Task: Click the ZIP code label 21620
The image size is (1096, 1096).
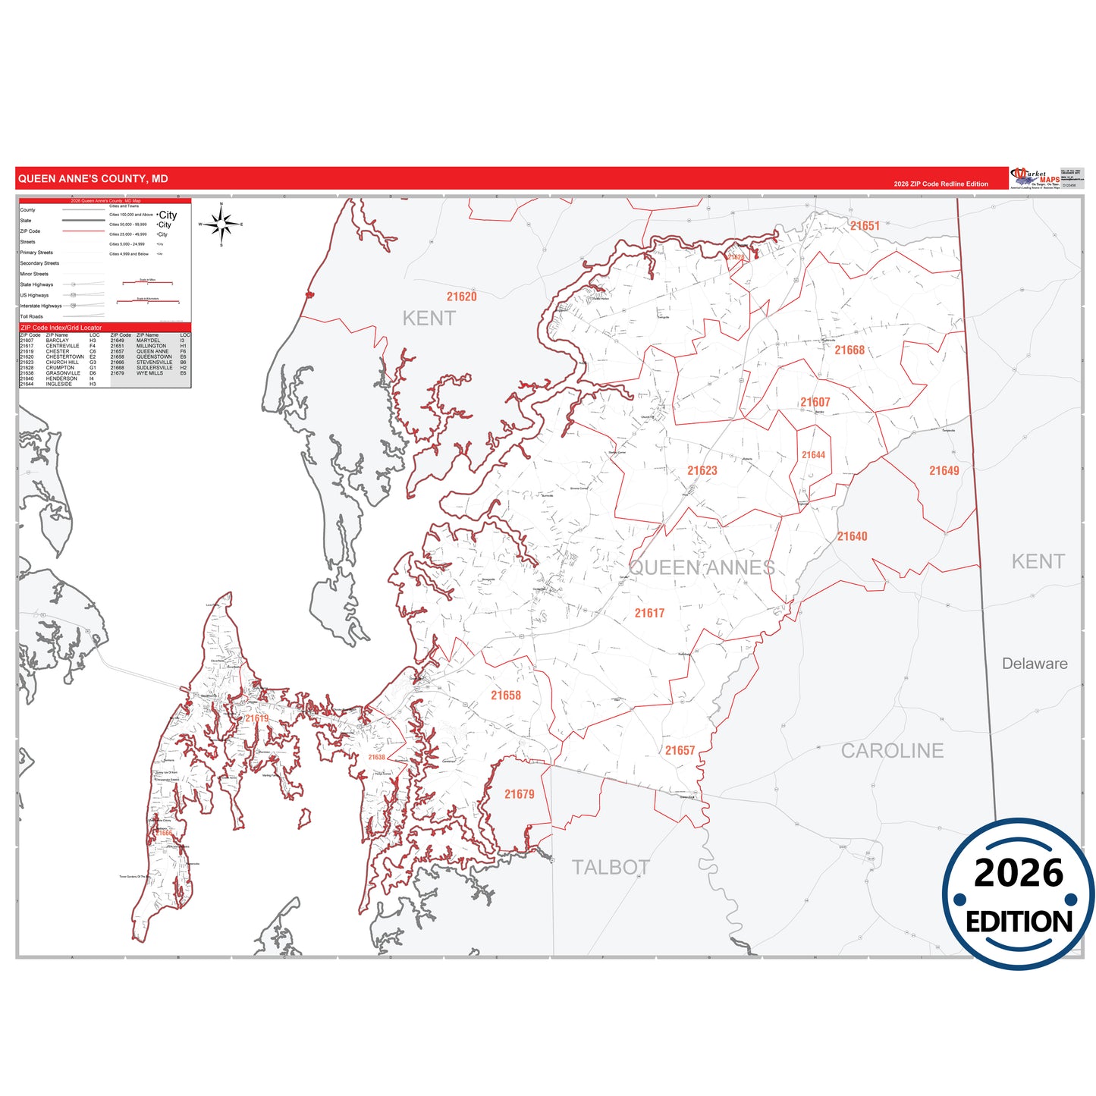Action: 461,297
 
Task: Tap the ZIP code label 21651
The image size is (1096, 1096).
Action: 865,226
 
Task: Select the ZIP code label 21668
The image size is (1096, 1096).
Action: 849,350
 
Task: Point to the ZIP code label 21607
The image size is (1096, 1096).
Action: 815,402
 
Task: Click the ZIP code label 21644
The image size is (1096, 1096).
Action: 813,455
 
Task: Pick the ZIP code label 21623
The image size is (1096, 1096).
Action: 702,470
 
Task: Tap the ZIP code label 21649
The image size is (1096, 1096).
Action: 944,470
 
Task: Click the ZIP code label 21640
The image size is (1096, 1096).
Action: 852,536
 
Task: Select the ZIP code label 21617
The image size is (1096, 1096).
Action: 649,613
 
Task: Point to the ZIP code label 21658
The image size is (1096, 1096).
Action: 505,695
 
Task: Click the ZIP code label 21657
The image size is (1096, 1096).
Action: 680,750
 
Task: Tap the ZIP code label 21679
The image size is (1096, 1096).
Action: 519,794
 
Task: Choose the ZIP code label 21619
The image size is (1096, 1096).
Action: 256,718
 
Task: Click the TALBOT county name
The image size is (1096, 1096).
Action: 610,867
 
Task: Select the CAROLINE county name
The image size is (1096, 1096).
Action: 892,751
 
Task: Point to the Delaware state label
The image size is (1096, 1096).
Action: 1035,664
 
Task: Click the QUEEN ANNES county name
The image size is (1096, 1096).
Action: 702,567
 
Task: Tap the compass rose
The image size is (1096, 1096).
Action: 221,224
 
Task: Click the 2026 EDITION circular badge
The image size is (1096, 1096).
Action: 1018,893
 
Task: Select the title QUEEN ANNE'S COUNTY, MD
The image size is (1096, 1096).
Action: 93,179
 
